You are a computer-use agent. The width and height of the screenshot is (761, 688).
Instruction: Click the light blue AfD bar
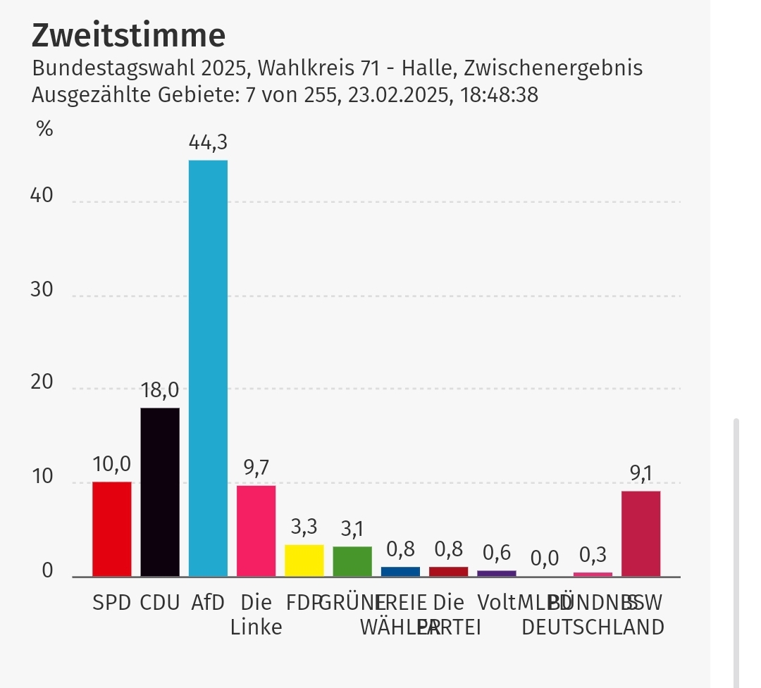click(208, 368)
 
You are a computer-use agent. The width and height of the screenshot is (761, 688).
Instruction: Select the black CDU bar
click(160, 492)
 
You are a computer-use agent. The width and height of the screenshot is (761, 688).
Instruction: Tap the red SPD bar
click(111, 529)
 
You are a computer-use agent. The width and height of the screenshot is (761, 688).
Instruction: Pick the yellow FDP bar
click(304, 561)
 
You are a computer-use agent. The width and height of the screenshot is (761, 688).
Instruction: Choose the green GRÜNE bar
click(352, 561)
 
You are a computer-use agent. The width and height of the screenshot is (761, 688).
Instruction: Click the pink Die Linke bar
click(256, 531)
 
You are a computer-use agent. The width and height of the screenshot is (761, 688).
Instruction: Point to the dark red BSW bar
click(641, 534)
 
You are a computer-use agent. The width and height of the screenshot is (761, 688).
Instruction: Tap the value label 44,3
click(208, 143)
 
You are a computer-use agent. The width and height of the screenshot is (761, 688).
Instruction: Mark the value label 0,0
click(544, 558)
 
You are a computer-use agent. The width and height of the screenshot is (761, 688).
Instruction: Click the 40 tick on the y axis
click(42, 195)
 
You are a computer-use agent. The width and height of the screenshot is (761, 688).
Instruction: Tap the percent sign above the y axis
click(44, 130)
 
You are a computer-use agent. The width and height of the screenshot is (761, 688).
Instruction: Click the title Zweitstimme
click(129, 35)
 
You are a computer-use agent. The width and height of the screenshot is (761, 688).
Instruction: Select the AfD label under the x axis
click(208, 603)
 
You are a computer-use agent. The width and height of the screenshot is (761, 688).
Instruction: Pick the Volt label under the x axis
click(495, 603)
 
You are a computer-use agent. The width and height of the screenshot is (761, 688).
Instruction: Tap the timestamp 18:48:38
click(500, 94)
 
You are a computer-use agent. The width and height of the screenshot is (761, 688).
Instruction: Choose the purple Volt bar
click(497, 573)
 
